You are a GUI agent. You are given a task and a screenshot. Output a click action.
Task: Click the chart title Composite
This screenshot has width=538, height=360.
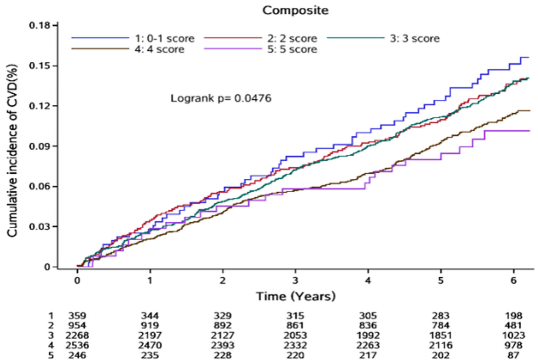click(x=295, y=10)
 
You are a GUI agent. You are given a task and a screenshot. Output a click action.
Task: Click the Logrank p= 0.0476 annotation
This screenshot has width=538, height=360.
click(x=221, y=98)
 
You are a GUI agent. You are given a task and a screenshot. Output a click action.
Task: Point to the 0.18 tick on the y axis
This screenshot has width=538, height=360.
click(x=40, y=25)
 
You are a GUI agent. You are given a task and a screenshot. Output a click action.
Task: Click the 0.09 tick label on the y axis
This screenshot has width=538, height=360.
click(x=40, y=146)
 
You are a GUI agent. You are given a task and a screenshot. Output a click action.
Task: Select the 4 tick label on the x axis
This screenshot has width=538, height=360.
click(x=368, y=280)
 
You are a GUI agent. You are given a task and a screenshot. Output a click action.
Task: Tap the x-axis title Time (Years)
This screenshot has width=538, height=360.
click(x=295, y=296)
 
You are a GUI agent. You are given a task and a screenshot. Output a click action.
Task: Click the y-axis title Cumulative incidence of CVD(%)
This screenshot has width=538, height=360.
click(x=12, y=150)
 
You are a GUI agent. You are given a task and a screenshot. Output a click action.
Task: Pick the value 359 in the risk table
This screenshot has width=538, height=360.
click(x=77, y=316)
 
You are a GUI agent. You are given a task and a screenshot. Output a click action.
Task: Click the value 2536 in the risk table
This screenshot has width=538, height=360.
click(x=77, y=345)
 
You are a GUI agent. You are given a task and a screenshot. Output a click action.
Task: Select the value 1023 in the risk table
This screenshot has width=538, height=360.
click(x=514, y=336)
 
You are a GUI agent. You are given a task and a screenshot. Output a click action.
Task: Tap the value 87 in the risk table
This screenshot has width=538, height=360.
click(x=514, y=355)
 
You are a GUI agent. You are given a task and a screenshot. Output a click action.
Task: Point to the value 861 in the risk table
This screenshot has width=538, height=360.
click(x=295, y=326)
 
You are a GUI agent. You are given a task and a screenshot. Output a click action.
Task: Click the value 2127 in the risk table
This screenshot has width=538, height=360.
click(x=222, y=336)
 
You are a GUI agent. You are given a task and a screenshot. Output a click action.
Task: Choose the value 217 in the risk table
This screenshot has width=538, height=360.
click(x=368, y=355)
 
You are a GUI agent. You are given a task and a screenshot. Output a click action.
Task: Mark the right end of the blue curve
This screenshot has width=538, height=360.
click(x=529, y=57)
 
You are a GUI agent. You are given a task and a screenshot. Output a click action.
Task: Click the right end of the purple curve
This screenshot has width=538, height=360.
click(x=529, y=131)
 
